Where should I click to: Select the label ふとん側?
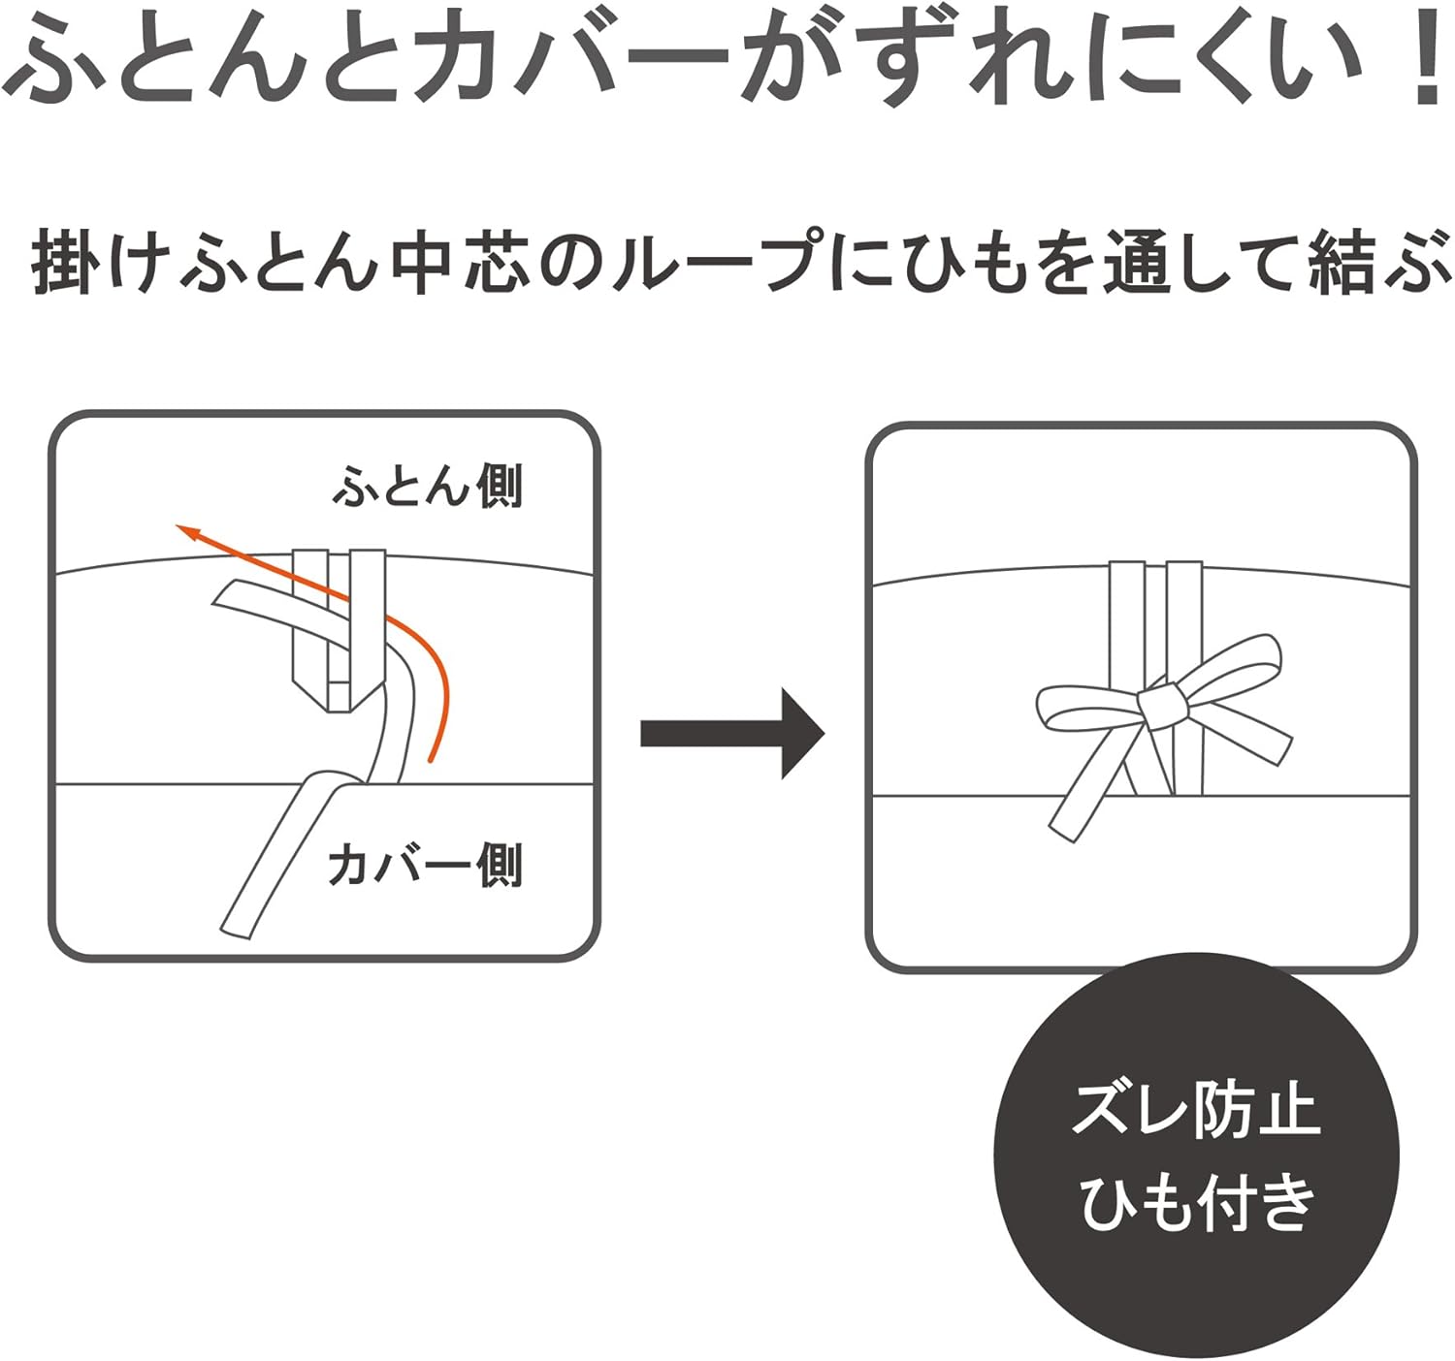(x=427, y=486)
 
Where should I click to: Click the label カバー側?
(x=425, y=865)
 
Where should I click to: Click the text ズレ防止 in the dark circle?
(x=1197, y=1111)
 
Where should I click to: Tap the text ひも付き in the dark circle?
(x=1197, y=1202)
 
